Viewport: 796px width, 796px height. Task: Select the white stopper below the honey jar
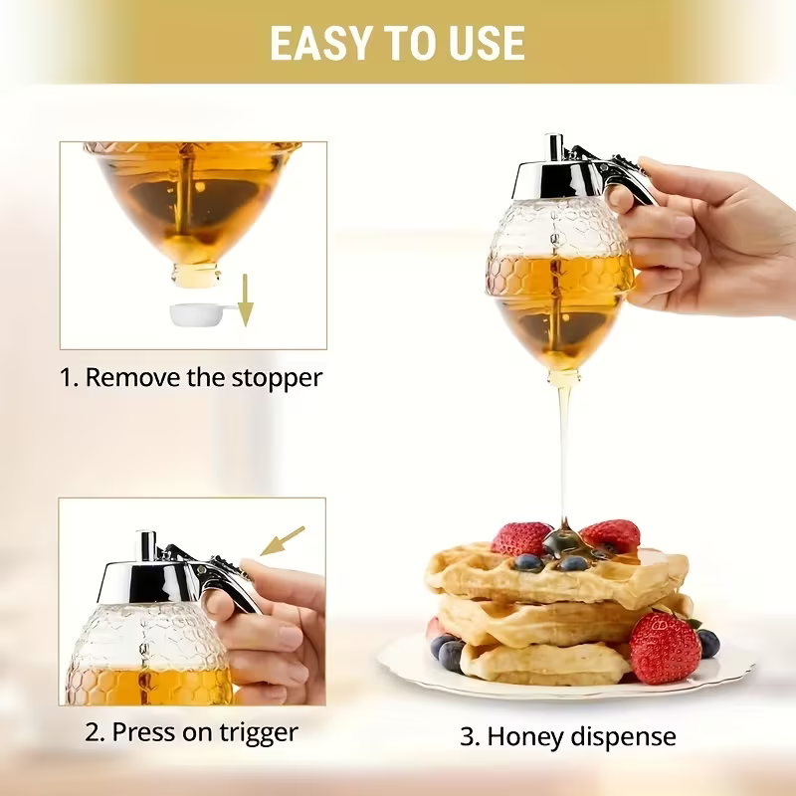pos(198,314)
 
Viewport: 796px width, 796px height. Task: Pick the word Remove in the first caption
pos(128,378)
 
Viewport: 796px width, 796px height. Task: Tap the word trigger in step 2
pos(259,733)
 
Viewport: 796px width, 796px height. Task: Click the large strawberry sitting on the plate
pos(665,647)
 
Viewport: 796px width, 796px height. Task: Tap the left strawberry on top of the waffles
pos(520,538)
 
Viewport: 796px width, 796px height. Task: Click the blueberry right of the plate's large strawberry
pos(708,643)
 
